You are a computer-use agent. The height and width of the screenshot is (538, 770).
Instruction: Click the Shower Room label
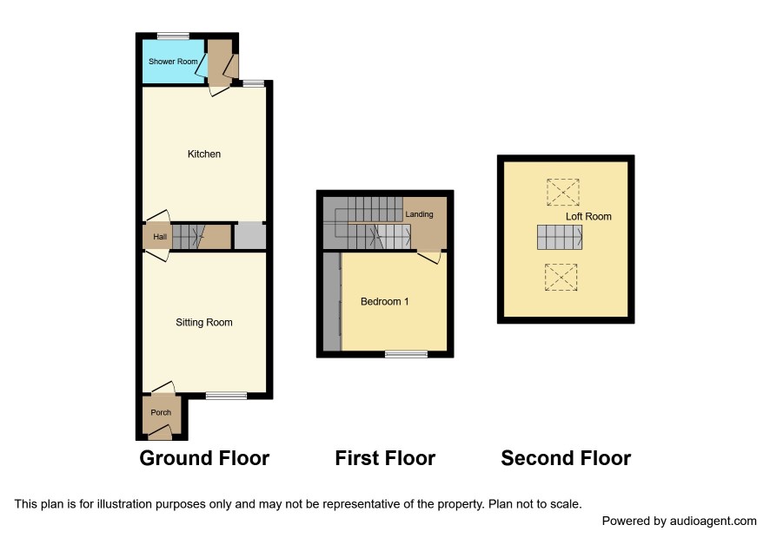click(173, 62)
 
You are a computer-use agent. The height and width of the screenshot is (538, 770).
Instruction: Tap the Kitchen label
click(203, 154)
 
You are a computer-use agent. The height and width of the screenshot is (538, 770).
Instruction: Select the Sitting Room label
click(203, 322)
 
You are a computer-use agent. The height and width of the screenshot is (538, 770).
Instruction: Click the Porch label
click(161, 412)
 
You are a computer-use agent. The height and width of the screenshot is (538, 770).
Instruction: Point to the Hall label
click(160, 237)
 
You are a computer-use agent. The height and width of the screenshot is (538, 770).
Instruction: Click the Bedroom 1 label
click(384, 302)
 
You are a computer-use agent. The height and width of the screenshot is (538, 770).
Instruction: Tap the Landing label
click(419, 214)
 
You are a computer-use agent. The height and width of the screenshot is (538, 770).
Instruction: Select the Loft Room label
click(588, 216)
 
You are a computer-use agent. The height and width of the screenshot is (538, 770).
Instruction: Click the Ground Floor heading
click(204, 458)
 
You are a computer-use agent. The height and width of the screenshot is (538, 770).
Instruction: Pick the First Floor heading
click(385, 458)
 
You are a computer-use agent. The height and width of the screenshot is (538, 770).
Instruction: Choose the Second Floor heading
click(566, 458)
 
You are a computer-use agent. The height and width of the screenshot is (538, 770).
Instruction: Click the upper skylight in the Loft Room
click(563, 193)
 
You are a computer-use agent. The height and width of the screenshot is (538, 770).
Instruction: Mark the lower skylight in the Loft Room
click(561, 278)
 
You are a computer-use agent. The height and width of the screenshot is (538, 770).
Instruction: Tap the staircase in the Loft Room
click(560, 238)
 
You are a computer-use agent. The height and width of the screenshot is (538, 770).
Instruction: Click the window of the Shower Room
click(173, 36)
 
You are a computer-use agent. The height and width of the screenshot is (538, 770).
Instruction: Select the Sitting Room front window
click(226, 396)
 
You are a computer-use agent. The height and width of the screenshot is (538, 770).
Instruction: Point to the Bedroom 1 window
click(406, 354)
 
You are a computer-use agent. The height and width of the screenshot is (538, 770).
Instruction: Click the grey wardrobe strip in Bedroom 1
click(332, 302)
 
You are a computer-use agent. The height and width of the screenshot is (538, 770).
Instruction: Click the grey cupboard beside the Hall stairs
click(250, 236)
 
